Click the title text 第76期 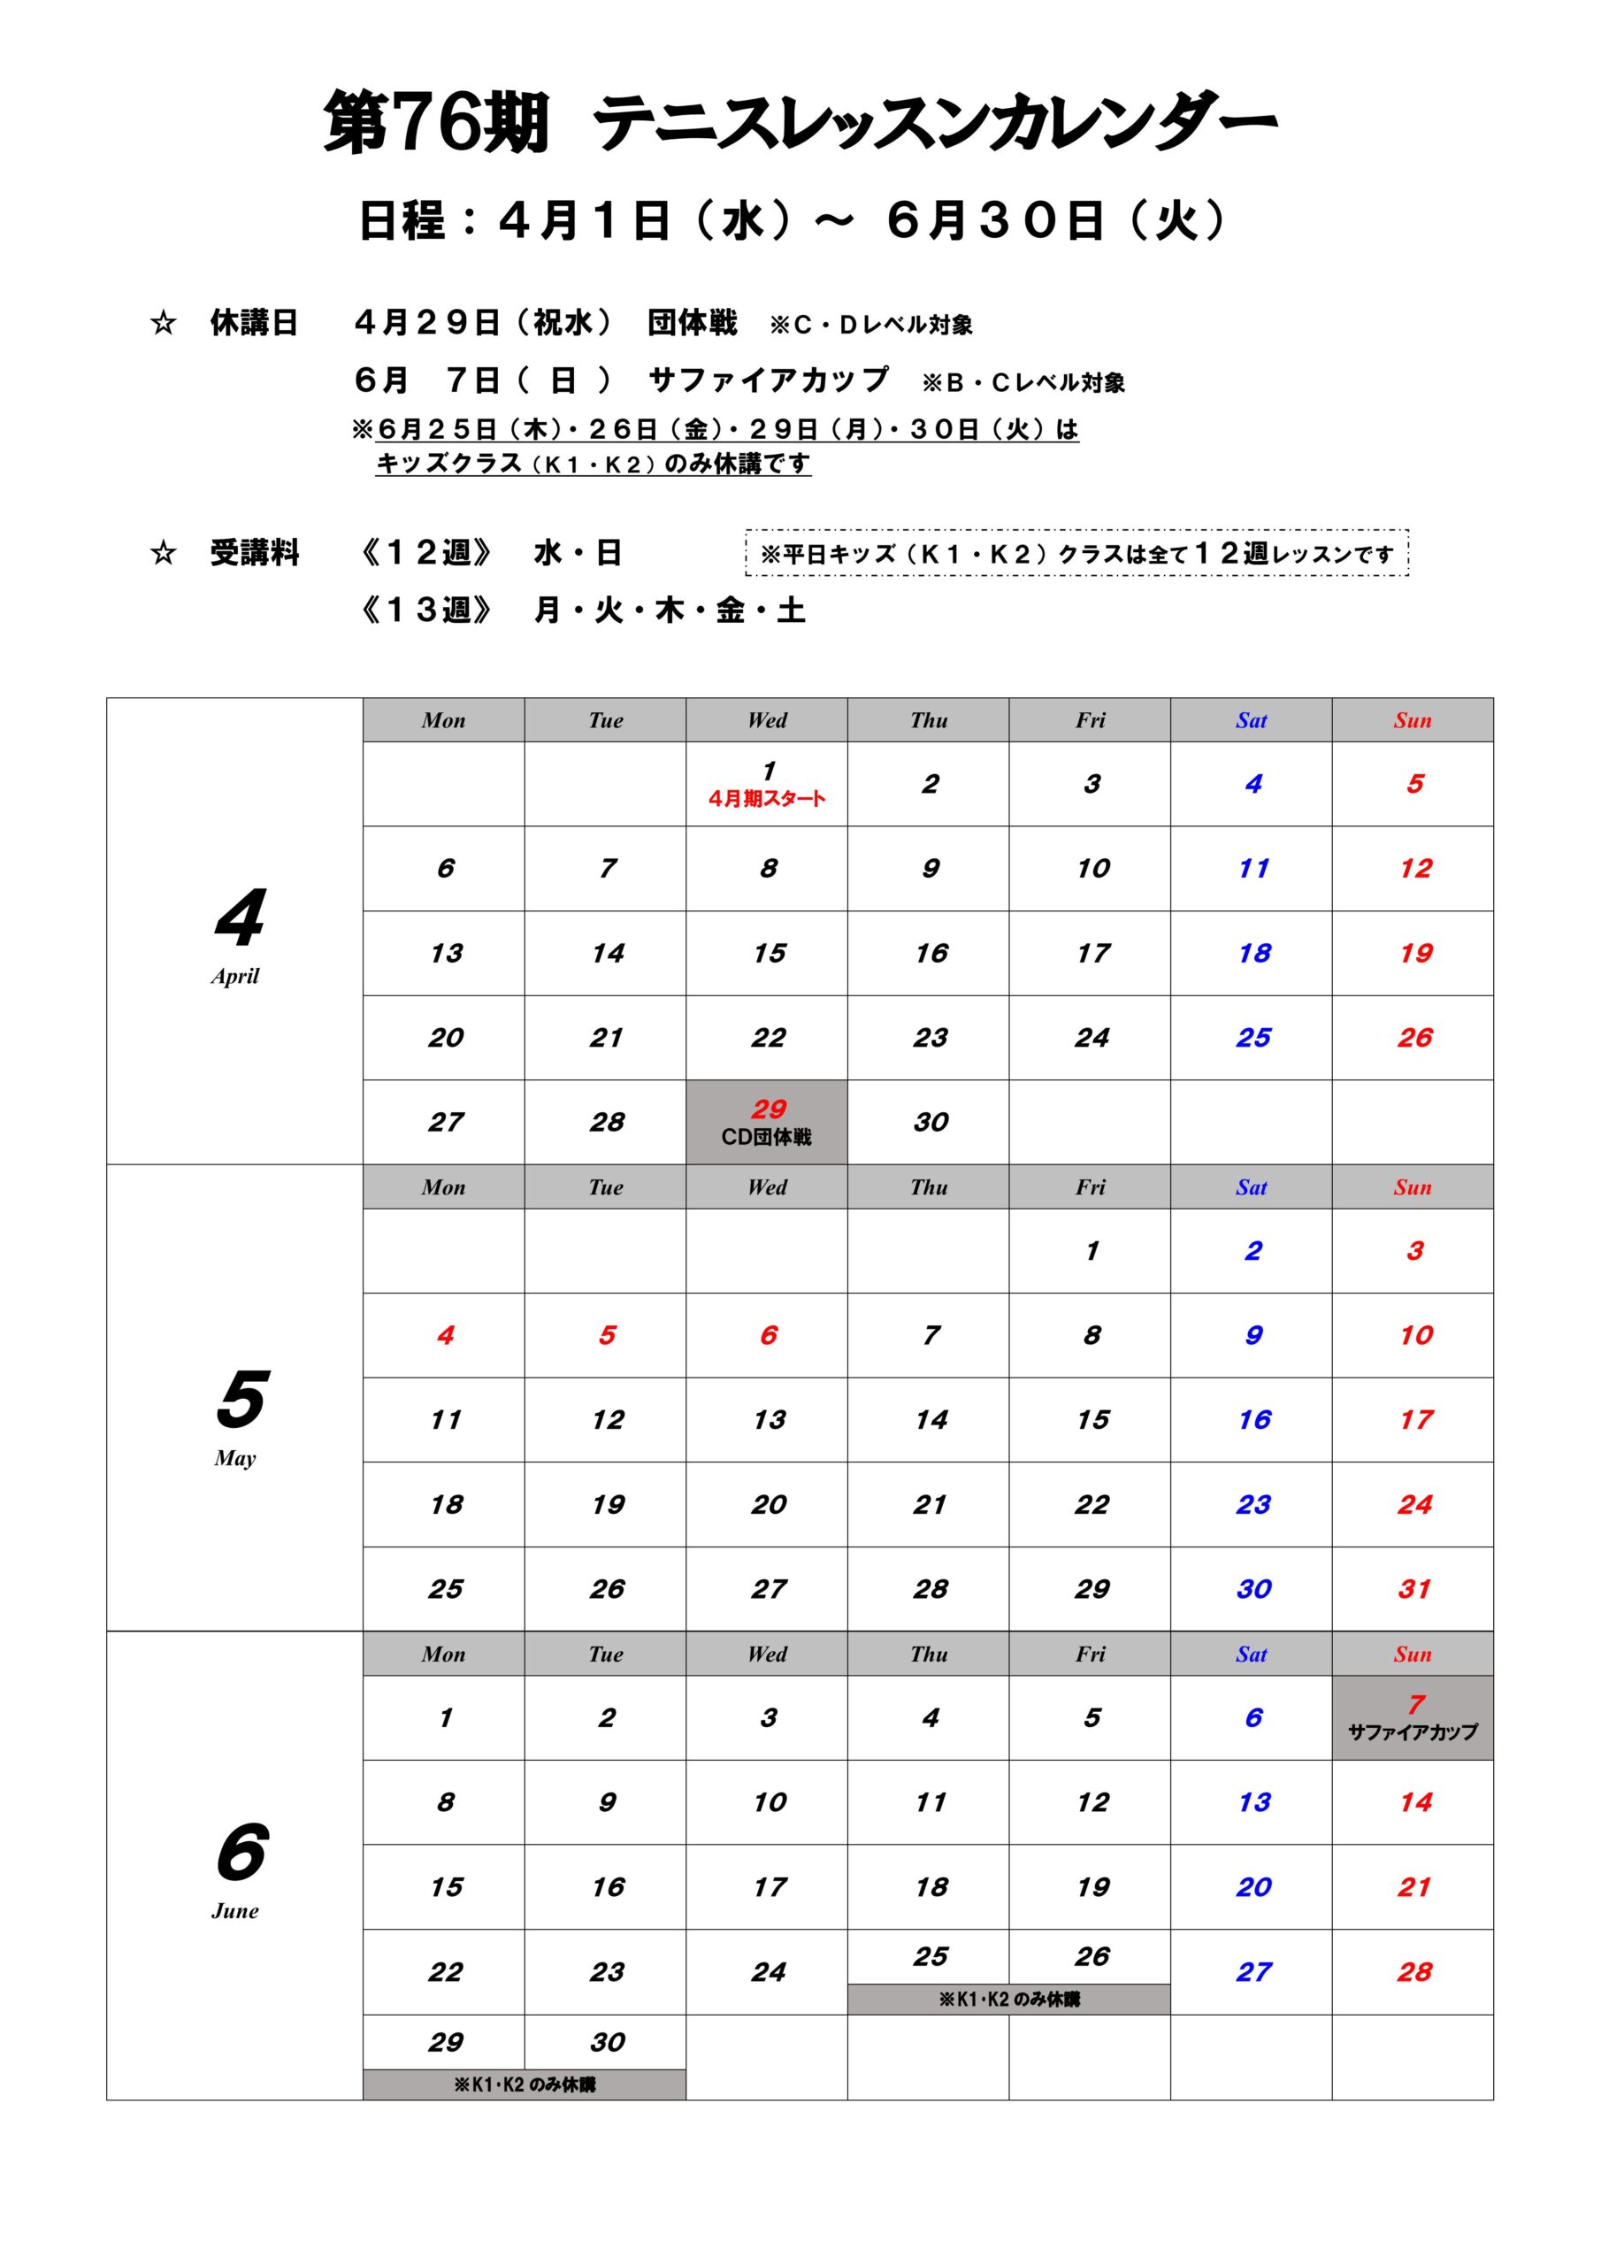[x=435, y=124]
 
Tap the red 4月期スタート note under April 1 [x=767, y=799]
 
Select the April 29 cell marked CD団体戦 [x=767, y=1122]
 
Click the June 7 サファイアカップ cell [x=1412, y=1717]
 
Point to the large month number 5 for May [x=241, y=1400]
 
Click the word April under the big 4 [x=234, y=977]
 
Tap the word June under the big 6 [x=234, y=1911]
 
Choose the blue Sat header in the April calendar [x=1251, y=720]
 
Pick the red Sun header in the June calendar [x=1412, y=1655]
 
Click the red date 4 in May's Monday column [x=445, y=1336]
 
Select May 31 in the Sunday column [x=1413, y=1589]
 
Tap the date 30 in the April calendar [x=931, y=1123]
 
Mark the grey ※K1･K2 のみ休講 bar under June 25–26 [x=1008, y=2000]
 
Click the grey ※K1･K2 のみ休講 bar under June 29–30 [x=524, y=2085]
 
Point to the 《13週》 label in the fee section [x=426, y=610]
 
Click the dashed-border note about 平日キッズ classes [x=1076, y=554]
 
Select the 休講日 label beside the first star [x=254, y=323]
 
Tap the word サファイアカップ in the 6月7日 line [x=769, y=380]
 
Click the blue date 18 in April [x=1253, y=953]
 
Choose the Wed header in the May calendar [x=767, y=1186]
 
